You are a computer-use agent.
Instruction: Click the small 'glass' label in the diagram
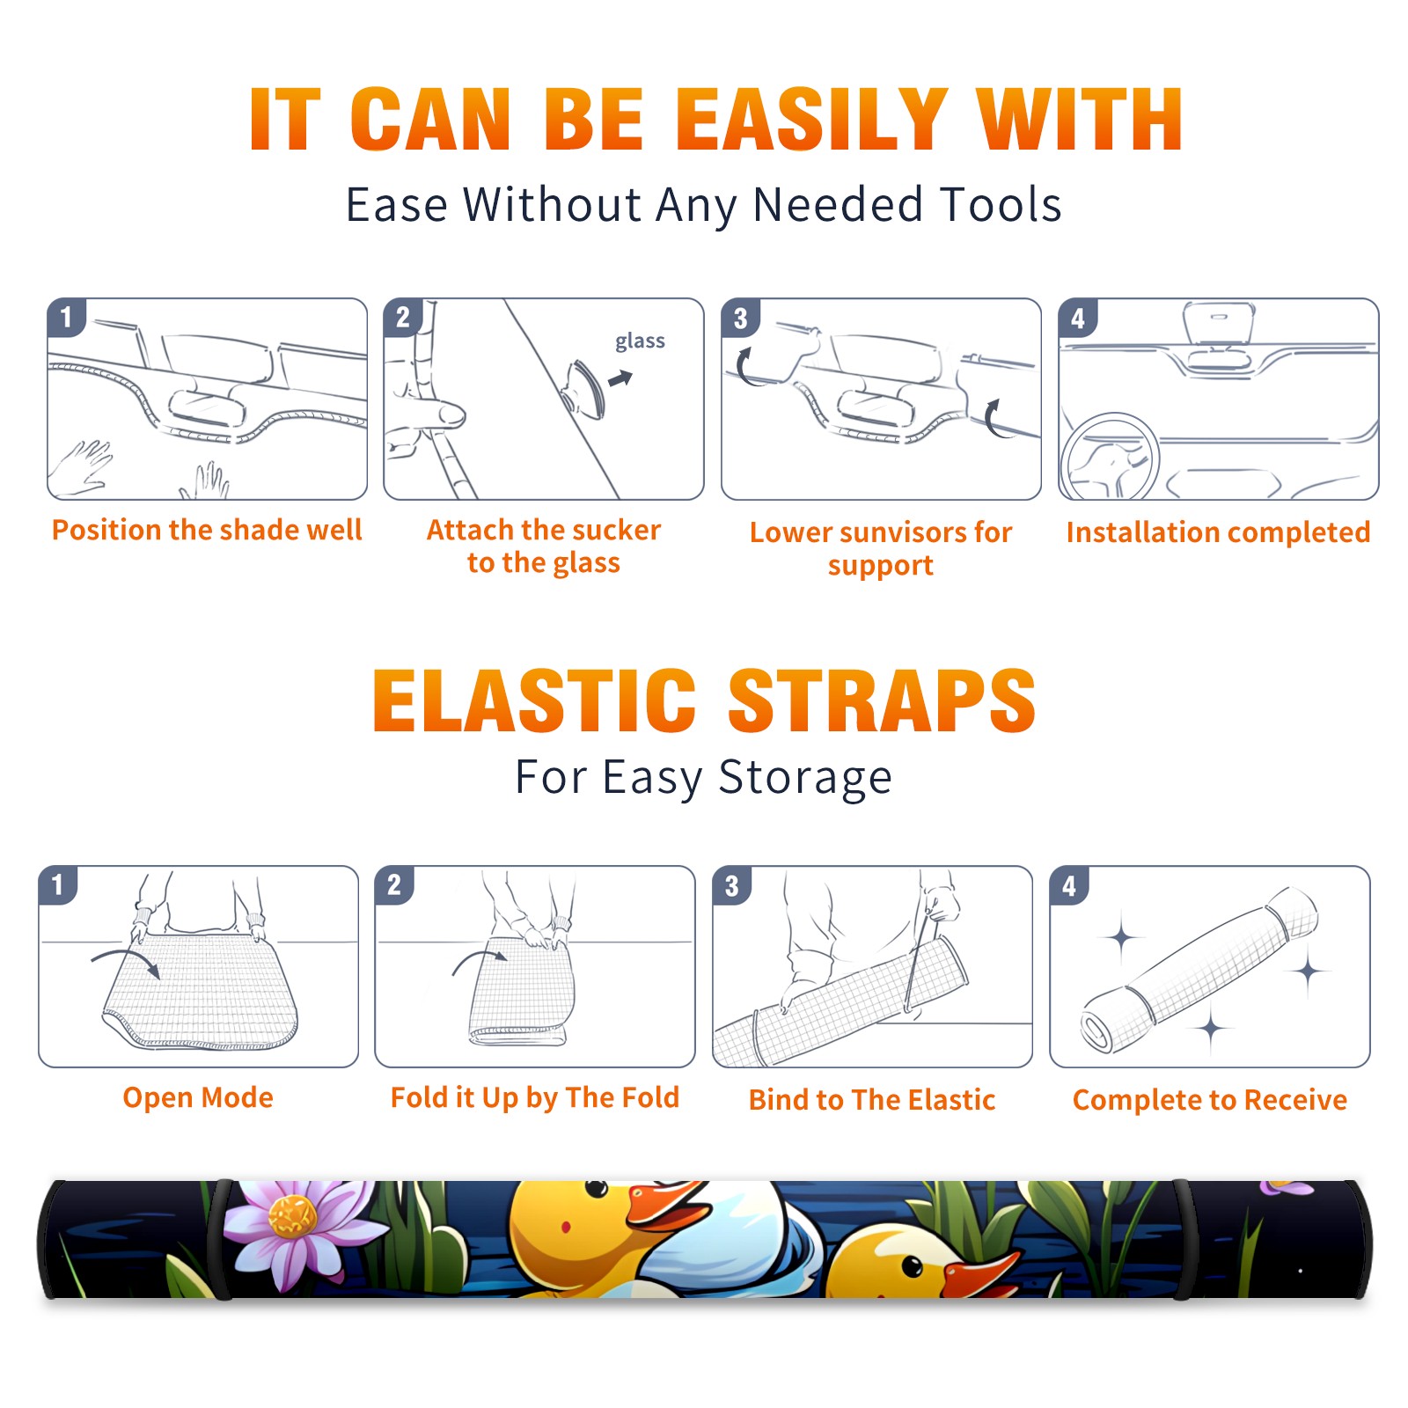click(x=640, y=341)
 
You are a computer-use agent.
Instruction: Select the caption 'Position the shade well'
click(x=207, y=530)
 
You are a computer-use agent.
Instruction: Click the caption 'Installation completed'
click(x=1218, y=532)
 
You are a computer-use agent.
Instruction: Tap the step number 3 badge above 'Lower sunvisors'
click(x=740, y=318)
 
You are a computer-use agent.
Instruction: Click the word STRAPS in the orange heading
click(x=882, y=700)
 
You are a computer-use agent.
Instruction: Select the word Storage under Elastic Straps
click(x=805, y=778)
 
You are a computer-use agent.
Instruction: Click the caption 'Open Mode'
click(x=198, y=1097)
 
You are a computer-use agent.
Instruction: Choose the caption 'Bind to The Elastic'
click(x=871, y=1100)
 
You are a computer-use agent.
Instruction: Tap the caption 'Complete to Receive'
click(x=1209, y=1100)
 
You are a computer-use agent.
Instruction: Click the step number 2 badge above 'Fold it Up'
click(x=394, y=884)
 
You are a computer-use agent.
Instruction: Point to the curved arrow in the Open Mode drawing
click(x=125, y=957)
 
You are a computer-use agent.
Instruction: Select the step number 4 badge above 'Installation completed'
click(x=1078, y=318)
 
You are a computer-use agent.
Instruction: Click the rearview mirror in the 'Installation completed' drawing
click(x=1218, y=324)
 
